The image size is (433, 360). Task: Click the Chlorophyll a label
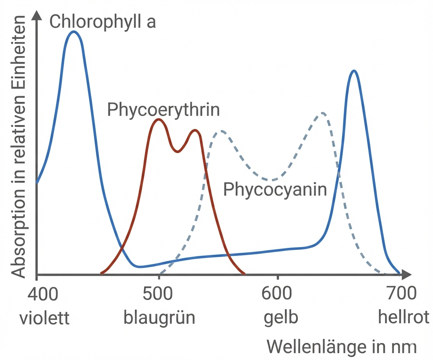point(103,21)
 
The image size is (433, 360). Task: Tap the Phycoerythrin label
point(164,109)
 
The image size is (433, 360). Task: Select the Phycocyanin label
point(275,189)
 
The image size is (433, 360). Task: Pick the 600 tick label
point(277,295)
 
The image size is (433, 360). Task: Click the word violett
point(45,318)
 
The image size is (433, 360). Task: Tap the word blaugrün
point(159,318)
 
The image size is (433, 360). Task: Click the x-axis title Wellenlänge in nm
point(341,347)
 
